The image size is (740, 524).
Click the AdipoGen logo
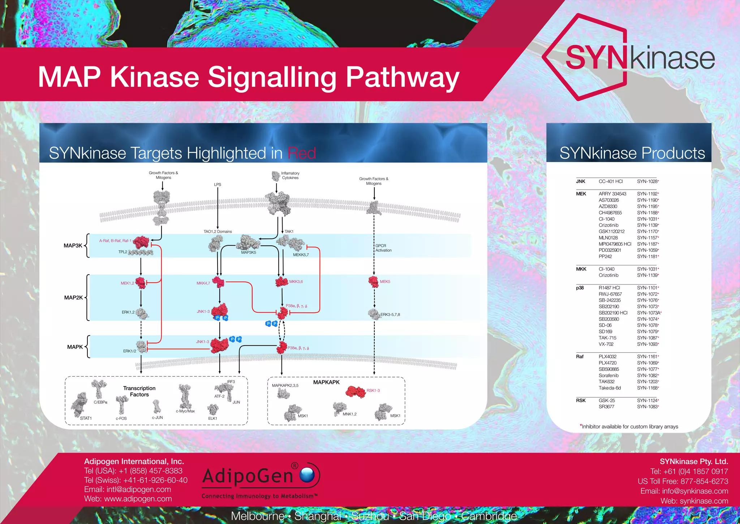(x=260, y=479)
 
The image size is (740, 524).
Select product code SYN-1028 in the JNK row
(x=647, y=181)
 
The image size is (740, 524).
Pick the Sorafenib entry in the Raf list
(x=608, y=375)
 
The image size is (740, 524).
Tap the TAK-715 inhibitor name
(x=607, y=338)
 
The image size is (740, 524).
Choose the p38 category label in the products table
(x=580, y=288)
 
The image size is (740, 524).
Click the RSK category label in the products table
(x=581, y=400)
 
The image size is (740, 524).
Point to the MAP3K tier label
(x=73, y=245)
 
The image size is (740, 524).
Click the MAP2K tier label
(x=73, y=297)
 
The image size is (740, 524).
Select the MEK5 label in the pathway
(x=385, y=282)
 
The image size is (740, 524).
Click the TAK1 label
(x=289, y=231)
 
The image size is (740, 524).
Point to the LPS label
(x=218, y=185)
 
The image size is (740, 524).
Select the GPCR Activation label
(x=383, y=248)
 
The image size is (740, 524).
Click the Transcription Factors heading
(x=139, y=391)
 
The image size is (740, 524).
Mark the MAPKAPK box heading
(x=326, y=382)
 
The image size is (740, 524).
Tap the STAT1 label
(x=86, y=418)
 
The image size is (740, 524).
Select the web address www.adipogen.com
(x=138, y=499)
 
